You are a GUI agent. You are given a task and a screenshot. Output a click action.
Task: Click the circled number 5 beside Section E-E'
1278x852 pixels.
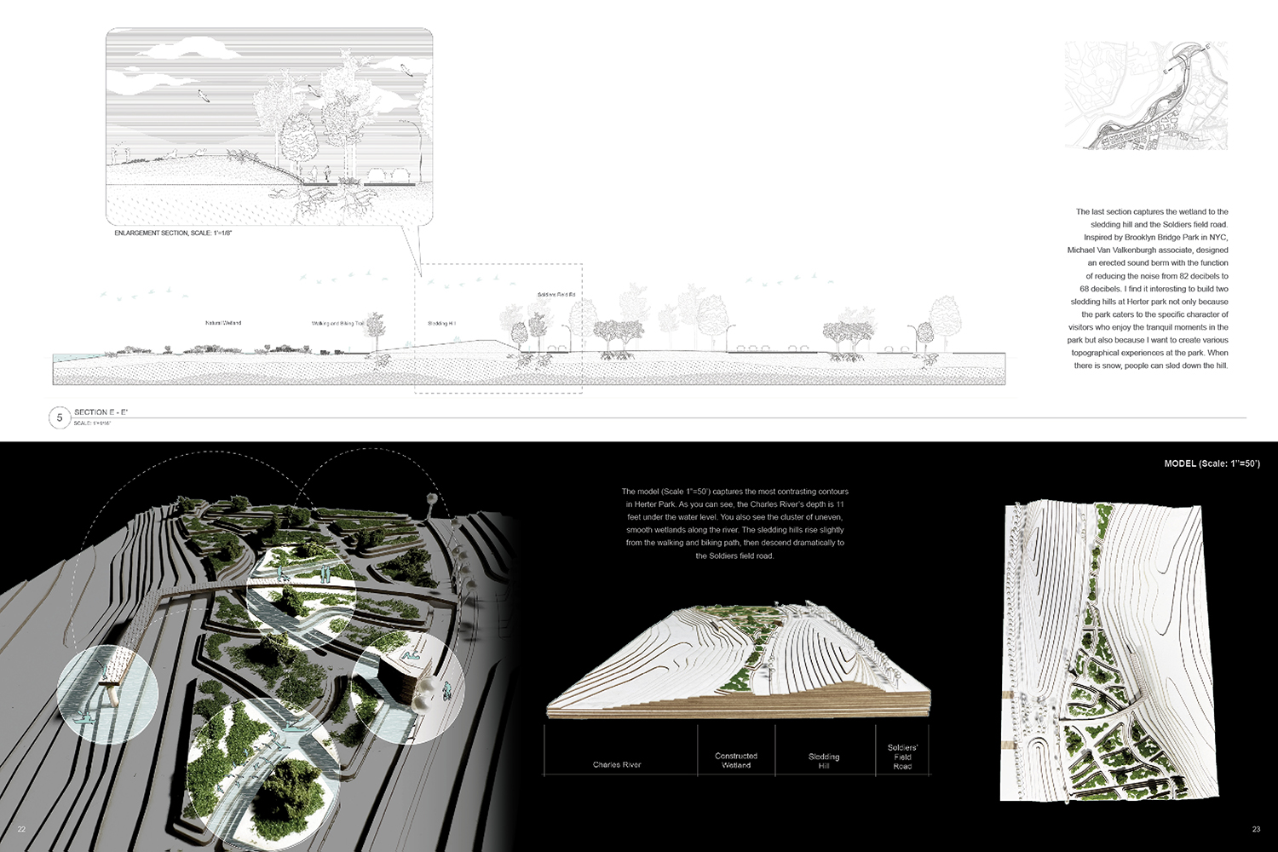pyautogui.click(x=60, y=417)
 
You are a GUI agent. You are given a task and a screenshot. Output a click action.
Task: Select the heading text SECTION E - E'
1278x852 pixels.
pyautogui.click(x=101, y=412)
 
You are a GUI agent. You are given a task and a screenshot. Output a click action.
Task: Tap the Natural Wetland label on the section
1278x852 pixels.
pyautogui.click(x=223, y=323)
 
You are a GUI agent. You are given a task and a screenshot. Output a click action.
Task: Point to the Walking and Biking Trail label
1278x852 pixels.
pyautogui.click(x=337, y=324)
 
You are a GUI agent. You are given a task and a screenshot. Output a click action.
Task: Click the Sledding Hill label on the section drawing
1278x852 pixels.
pyautogui.click(x=441, y=324)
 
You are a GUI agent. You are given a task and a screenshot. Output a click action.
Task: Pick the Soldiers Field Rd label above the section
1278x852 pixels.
pyautogui.click(x=556, y=295)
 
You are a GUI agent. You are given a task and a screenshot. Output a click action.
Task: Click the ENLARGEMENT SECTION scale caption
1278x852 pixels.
pyautogui.click(x=173, y=233)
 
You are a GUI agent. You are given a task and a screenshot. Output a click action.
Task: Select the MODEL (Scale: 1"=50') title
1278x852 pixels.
pyautogui.click(x=1212, y=463)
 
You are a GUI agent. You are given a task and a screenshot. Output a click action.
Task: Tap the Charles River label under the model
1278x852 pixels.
pyautogui.click(x=617, y=764)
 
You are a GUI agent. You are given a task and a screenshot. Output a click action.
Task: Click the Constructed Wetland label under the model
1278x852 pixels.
pyautogui.click(x=736, y=761)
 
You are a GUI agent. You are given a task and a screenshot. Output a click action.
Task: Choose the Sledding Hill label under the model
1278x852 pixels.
pyautogui.click(x=824, y=761)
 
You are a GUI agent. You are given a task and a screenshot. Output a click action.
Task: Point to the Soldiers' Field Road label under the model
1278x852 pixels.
pyautogui.click(x=902, y=757)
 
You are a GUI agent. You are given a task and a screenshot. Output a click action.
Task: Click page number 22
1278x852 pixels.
pyautogui.click(x=21, y=829)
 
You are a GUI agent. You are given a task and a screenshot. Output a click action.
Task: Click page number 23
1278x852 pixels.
pyautogui.click(x=1256, y=829)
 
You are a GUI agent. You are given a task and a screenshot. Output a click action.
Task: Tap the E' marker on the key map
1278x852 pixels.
pyautogui.click(x=1207, y=46)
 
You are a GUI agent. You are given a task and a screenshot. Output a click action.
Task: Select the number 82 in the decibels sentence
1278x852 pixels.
pyautogui.click(x=1184, y=276)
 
